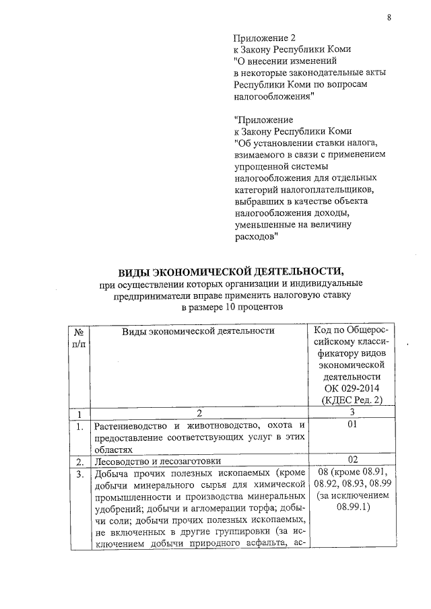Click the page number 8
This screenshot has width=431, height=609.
pos(389,18)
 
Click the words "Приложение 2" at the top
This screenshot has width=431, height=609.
pos(265,38)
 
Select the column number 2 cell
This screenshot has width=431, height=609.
pos(199,413)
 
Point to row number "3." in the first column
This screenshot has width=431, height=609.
pos(79,474)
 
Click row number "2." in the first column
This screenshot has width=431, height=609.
pos(79,462)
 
